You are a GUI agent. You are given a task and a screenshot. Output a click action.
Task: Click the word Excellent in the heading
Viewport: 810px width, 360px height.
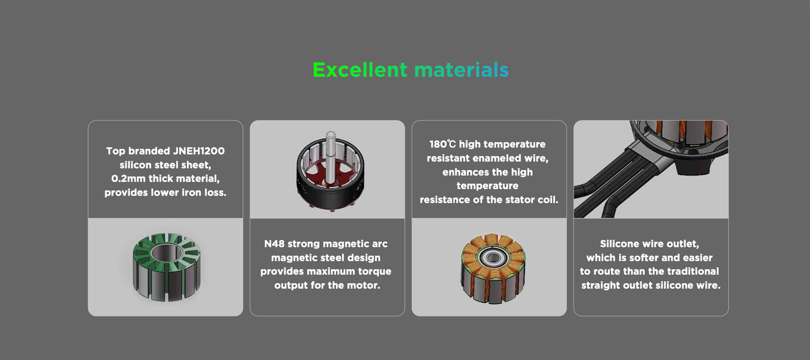coord(360,70)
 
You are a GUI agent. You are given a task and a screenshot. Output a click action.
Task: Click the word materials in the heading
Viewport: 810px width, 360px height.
coord(461,70)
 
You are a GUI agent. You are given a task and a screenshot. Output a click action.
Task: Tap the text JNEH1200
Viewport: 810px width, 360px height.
coord(198,151)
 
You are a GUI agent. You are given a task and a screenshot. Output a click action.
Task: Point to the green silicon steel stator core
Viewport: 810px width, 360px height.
coord(167,267)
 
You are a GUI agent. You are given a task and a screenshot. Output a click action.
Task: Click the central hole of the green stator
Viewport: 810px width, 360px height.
coord(167,253)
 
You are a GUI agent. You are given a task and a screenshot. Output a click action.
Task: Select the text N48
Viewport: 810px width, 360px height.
coord(274,244)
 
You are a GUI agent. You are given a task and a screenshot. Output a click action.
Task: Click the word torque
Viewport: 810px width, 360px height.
coord(375,271)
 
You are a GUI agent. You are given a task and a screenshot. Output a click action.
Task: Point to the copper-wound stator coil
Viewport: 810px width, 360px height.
coord(493,268)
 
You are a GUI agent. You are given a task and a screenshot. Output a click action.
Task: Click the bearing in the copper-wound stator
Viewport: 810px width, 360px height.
coord(493,257)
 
